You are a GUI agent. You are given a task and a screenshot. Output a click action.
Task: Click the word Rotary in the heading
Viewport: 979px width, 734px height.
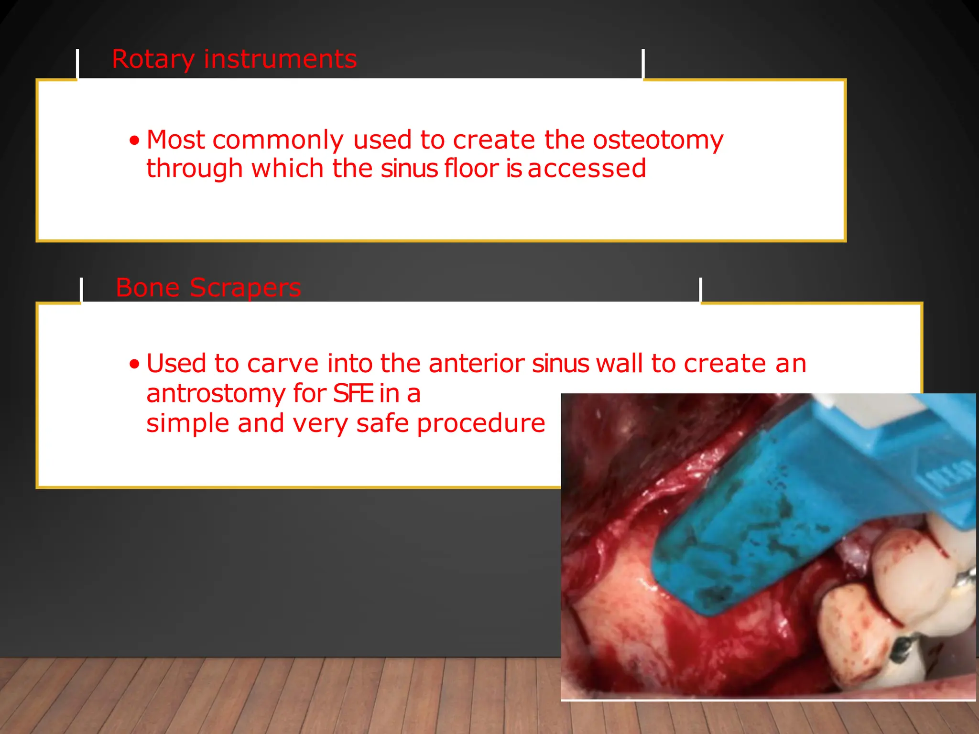pos(152,60)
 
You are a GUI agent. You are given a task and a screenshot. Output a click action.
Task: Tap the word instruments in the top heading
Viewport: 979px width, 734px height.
pos(280,59)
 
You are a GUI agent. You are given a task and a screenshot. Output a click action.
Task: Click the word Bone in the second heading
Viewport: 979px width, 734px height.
pos(147,288)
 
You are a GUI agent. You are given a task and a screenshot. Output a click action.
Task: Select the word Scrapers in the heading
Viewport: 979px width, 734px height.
pos(245,288)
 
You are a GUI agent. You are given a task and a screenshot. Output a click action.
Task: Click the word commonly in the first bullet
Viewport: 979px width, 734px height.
pos(278,140)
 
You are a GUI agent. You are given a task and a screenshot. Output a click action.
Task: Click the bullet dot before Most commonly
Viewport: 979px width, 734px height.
pos(135,140)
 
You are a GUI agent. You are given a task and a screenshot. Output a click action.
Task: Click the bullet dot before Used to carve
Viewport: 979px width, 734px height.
pos(135,365)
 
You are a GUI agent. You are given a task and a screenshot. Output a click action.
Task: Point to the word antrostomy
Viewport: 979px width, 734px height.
pos(216,394)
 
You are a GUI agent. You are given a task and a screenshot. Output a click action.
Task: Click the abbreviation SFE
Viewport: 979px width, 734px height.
pos(353,394)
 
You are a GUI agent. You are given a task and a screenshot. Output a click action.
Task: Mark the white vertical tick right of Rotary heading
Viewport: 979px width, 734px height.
pos(643,64)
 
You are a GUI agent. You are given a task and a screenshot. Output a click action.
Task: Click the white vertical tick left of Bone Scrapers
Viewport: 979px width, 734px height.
pos(81,290)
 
